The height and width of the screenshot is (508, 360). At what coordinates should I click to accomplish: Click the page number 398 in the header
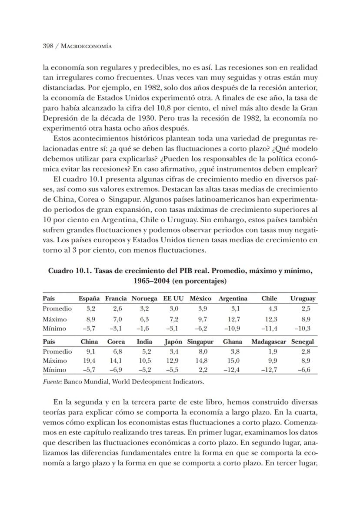(47, 46)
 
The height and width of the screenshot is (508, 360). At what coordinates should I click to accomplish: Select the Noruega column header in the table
(144, 298)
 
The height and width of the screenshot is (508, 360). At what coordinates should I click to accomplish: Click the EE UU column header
(173, 298)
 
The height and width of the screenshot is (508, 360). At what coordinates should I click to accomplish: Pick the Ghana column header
(232, 341)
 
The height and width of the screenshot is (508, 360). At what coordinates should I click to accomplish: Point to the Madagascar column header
(269, 341)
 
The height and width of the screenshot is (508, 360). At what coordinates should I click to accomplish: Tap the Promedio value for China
(91, 351)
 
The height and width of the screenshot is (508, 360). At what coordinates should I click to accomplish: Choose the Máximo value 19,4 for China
(90, 361)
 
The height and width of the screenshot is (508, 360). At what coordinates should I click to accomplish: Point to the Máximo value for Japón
(173, 361)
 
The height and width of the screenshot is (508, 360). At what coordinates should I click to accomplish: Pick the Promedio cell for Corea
(117, 351)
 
